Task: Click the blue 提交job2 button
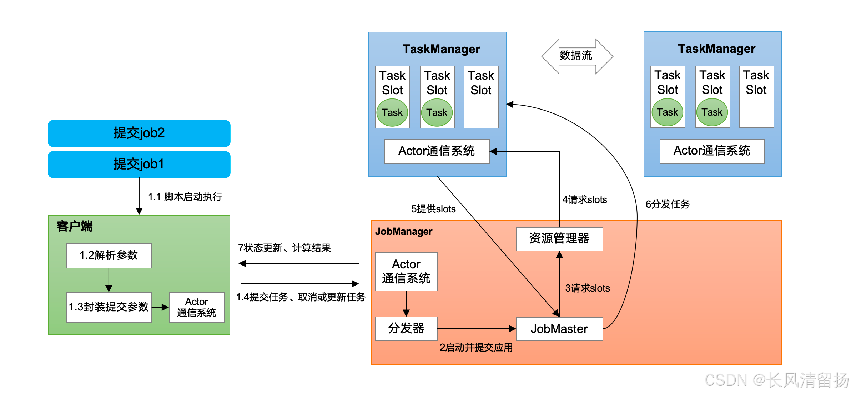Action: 139,133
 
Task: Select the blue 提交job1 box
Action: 139,164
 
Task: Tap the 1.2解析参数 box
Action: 109,256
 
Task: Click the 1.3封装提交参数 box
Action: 109,307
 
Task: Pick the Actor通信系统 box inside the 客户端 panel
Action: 196,307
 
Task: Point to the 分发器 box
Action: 406,329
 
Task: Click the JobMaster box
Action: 559,329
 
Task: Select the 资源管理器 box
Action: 559,239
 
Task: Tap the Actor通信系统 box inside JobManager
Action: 406,271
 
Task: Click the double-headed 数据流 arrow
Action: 577,56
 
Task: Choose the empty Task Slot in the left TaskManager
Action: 481,97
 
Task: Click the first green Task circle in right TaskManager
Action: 667,112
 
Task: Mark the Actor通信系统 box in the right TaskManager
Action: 712,151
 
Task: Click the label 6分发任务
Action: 668,204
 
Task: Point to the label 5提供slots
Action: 433,209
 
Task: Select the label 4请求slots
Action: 584,200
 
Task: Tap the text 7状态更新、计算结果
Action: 284,248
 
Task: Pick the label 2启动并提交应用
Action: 476,348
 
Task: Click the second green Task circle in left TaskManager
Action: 437,113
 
